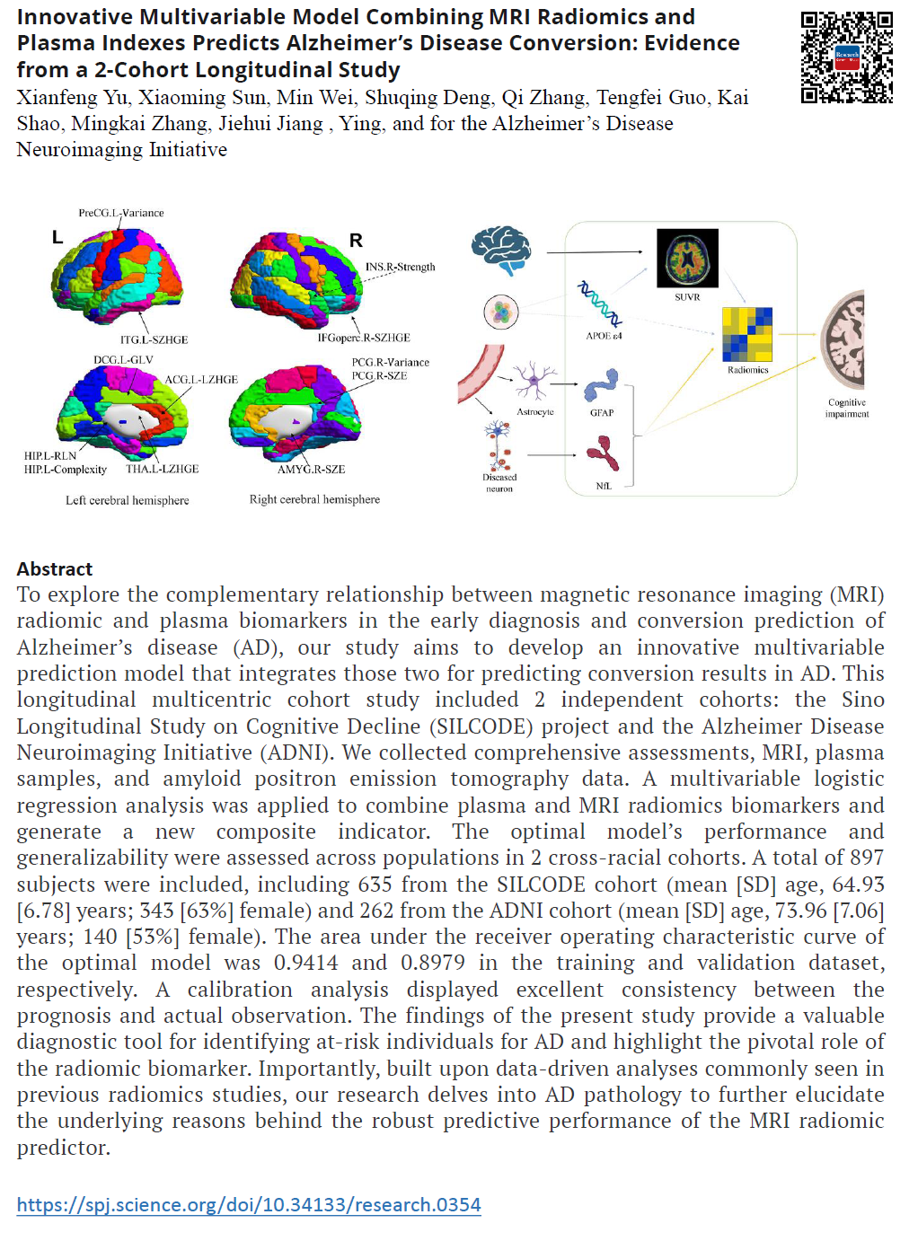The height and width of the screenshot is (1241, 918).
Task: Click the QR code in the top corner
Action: [x=846, y=57]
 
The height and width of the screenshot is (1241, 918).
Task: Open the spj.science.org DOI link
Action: [x=249, y=1204]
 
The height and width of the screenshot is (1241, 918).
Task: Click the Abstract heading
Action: [x=55, y=568]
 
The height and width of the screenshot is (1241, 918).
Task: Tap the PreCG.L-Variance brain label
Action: [x=121, y=213]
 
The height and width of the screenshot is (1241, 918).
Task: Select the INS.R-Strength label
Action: [x=400, y=267]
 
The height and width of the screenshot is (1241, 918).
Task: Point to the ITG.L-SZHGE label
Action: [x=154, y=339]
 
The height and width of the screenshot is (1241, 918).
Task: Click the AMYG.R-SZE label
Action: [x=311, y=469]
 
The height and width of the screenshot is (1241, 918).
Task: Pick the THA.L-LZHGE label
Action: [x=162, y=469]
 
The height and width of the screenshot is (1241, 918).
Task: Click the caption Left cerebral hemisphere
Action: [x=127, y=500]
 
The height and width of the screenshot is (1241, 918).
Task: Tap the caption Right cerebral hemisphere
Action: [x=314, y=499]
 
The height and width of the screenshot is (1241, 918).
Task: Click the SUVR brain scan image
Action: [x=687, y=258]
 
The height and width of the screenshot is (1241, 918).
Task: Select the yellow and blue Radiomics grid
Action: [x=747, y=333]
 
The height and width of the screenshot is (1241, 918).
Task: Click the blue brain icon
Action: [x=501, y=248]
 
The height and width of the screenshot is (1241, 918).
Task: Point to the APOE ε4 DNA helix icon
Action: [x=599, y=304]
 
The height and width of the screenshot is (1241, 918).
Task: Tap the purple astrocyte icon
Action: [x=534, y=381]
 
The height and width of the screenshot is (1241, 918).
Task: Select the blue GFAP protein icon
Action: [x=601, y=385]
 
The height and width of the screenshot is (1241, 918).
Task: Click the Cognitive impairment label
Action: [x=847, y=408]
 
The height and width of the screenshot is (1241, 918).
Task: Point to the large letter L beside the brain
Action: [x=57, y=237]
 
